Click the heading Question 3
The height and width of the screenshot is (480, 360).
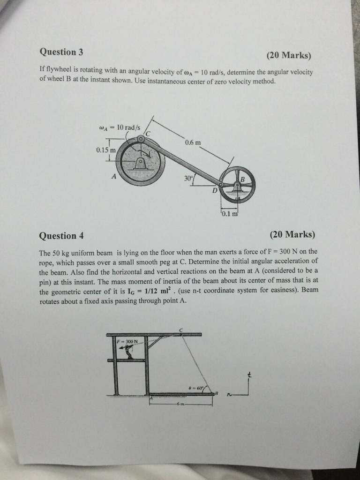pos(58,52)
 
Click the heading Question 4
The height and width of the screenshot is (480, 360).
pos(58,235)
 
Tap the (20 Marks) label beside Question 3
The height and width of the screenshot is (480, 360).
pos(289,55)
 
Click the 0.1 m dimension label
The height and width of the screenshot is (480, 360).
pos(231,214)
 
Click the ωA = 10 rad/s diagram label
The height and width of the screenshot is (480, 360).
pos(120,127)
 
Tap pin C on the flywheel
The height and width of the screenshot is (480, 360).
pos(141,139)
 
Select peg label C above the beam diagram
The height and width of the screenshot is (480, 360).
pos(181,329)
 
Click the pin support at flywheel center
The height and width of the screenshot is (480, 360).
pos(139,163)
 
